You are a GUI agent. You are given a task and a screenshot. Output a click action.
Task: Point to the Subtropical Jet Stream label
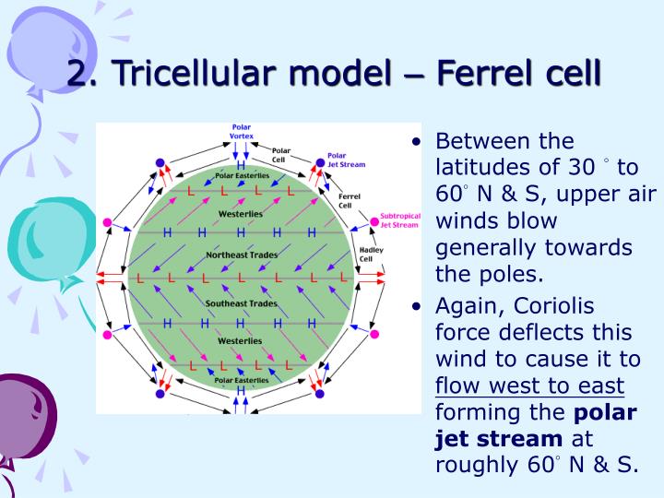point(399,221)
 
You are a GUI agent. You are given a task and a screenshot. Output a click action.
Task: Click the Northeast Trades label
point(241,254)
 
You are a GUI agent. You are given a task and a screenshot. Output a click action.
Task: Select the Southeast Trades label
point(241,303)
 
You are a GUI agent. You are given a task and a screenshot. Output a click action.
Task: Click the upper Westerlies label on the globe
point(240,214)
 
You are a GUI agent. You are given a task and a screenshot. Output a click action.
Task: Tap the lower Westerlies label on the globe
point(240,341)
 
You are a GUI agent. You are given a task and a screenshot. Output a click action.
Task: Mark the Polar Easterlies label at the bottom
point(242,380)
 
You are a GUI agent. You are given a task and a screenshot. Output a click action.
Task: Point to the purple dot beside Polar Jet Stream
point(321,162)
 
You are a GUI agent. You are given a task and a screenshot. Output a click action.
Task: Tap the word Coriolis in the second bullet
point(554,305)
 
